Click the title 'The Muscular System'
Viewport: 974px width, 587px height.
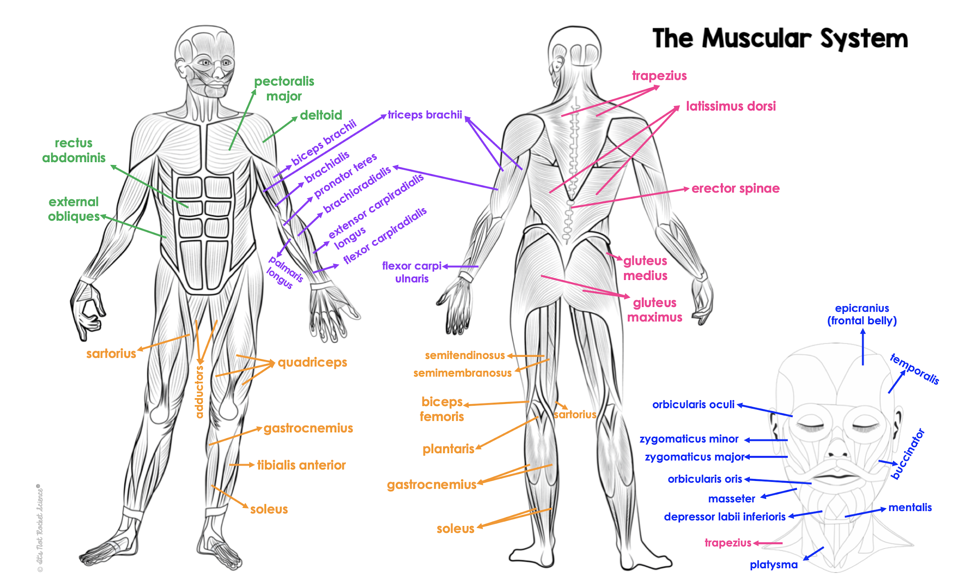pyautogui.click(x=780, y=39)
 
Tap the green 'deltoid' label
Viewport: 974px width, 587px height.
pyautogui.click(x=321, y=115)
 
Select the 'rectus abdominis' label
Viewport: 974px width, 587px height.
pyautogui.click(x=74, y=150)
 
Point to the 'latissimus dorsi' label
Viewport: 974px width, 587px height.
pyautogui.click(x=731, y=106)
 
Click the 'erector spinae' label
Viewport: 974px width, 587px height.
pyautogui.click(x=736, y=188)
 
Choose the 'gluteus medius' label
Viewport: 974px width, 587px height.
pyautogui.click(x=645, y=268)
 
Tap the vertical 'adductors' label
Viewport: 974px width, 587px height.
pyautogui.click(x=199, y=392)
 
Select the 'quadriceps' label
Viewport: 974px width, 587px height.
pyautogui.click(x=312, y=363)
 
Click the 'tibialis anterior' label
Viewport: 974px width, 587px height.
pyautogui.click(x=301, y=465)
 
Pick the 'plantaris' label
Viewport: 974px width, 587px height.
pyautogui.click(x=448, y=449)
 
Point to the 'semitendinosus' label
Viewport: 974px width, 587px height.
pyautogui.click(x=465, y=355)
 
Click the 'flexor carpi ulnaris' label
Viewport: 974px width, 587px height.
pyautogui.click(x=412, y=272)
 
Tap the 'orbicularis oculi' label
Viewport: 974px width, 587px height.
pyautogui.click(x=694, y=404)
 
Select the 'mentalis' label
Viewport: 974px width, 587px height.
pyautogui.click(x=910, y=508)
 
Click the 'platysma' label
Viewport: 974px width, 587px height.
pyautogui.click(x=774, y=565)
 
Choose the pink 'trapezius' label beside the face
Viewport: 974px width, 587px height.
pyautogui.click(x=728, y=543)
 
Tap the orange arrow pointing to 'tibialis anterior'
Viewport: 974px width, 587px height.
pyautogui.click(x=242, y=465)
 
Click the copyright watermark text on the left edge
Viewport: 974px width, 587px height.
pyautogui.click(x=40, y=528)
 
